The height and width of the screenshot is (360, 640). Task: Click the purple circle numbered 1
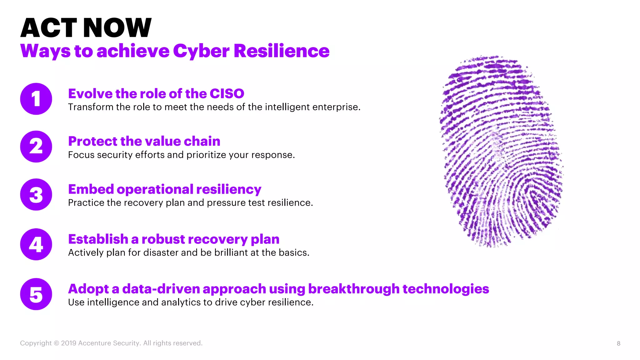click(36, 99)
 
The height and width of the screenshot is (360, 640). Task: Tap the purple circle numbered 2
click(36, 147)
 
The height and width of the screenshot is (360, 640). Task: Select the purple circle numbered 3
click(36, 194)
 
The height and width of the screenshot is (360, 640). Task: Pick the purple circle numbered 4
click(36, 244)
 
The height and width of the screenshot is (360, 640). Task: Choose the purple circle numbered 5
click(36, 294)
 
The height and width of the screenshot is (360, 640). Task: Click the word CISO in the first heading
click(227, 94)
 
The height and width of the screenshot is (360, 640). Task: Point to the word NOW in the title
click(117, 28)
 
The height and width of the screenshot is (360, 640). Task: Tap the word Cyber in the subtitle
click(201, 51)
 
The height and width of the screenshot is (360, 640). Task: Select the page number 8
click(618, 343)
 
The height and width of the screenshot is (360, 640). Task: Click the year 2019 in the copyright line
click(68, 343)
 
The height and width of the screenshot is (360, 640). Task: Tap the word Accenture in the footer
click(94, 343)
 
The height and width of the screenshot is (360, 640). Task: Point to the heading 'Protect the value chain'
click(144, 141)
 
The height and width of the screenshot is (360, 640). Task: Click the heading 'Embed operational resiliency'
click(165, 189)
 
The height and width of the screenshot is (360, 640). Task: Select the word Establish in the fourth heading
click(98, 239)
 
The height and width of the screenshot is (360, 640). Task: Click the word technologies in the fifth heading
click(446, 289)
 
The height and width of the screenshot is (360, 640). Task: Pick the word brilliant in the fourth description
click(231, 252)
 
